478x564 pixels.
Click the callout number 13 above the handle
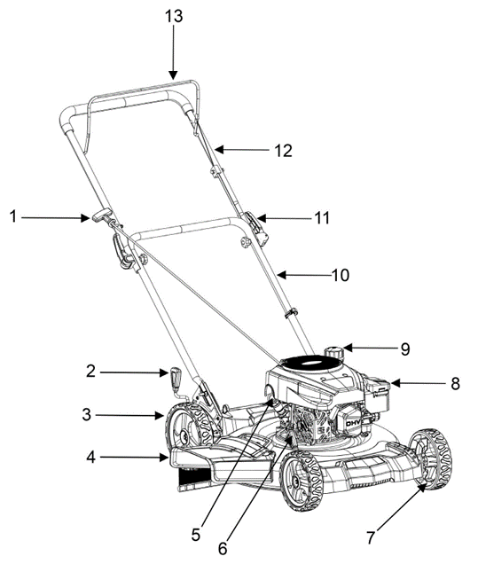174,16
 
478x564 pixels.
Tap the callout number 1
13,216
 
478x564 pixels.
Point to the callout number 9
405,349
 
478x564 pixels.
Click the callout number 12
283,151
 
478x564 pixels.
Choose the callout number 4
90,458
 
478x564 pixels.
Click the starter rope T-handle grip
101,215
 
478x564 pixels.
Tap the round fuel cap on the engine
334,352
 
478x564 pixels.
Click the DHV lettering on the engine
352,424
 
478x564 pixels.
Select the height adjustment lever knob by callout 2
176,380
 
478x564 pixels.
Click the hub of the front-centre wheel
297,482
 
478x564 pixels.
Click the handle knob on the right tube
246,242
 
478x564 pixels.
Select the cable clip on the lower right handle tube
290,312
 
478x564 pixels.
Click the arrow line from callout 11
284,218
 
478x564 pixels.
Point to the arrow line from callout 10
304,275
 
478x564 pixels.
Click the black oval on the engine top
310,362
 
